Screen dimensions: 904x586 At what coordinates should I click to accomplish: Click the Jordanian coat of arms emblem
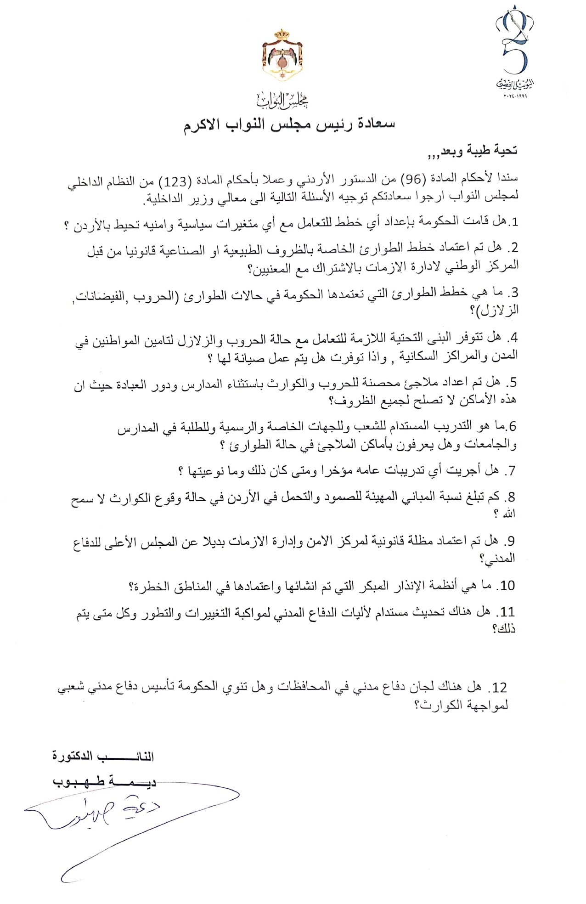pyautogui.click(x=282, y=54)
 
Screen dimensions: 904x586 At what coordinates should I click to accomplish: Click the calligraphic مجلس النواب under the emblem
pyautogui.click(x=282, y=99)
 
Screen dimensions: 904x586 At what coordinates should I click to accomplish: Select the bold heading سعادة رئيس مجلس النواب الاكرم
pyautogui.click(x=289, y=125)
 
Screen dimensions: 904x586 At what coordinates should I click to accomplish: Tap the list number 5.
pyautogui.click(x=511, y=382)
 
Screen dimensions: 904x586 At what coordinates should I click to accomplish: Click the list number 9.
pyautogui.click(x=509, y=541)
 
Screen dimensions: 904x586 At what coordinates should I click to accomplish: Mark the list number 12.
pyautogui.click(x=499, y=687)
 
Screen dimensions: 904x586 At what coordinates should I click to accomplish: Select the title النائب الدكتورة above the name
pyautogui.click(x=103, y=756)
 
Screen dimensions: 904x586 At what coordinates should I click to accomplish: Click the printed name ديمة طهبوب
pyautogui.click(x=104, y=781)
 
